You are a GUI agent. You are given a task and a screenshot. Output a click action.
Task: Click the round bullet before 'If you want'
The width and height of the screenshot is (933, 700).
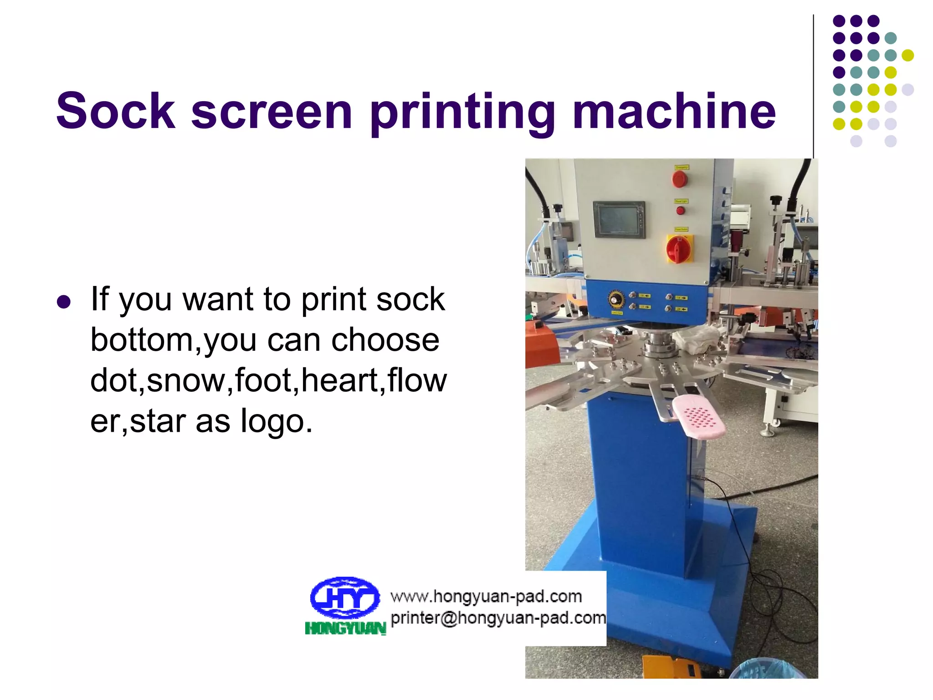(64, 302)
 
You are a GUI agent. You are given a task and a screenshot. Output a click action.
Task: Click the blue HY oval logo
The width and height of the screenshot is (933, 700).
(344, 597)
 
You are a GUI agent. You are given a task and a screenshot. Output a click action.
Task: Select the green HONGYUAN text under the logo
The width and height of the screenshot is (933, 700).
(345, 629)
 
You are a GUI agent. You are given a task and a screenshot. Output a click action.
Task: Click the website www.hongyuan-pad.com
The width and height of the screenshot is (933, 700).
(486, 596)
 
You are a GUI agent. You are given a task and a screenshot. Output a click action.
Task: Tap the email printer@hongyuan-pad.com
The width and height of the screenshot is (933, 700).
(498, 618)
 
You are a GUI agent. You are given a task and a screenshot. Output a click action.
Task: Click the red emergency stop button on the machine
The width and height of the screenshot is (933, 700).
(680, 179)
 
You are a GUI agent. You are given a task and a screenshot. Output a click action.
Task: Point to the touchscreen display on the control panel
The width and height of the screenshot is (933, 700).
(618, 219)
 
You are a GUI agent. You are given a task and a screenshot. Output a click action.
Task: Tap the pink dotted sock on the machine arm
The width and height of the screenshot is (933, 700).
(698, 416)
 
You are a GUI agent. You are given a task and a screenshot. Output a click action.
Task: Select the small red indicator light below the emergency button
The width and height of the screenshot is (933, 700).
(680, 210)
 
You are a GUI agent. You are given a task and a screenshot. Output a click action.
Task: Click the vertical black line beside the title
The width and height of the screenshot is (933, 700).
(813, 87)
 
